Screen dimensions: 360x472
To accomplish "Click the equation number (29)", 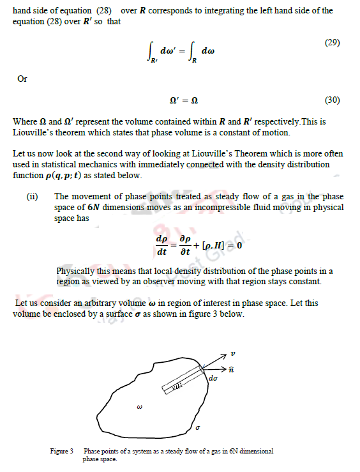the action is [331, 43].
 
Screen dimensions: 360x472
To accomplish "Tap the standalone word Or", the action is [22, 79].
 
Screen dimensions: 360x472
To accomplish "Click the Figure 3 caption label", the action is [63, 452].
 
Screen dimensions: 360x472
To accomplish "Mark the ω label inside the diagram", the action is [139, 406].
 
